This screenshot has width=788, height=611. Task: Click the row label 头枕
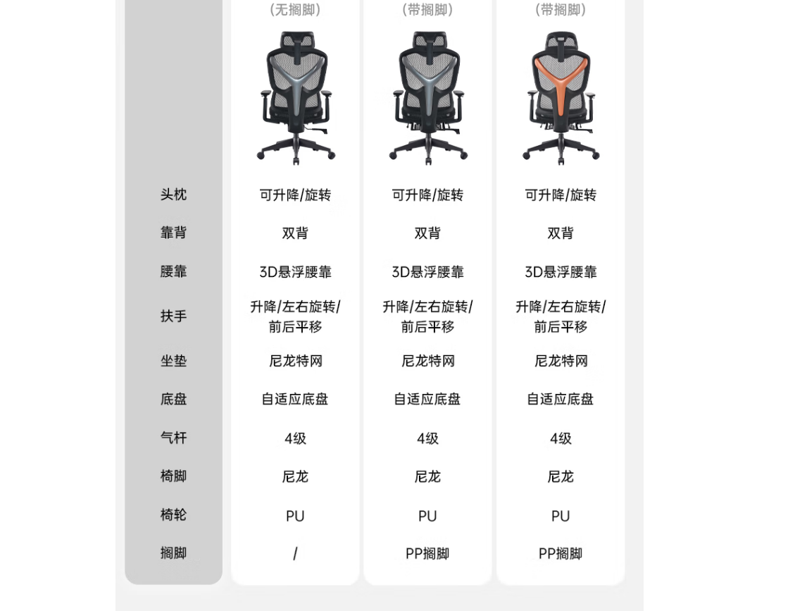click(173, 195)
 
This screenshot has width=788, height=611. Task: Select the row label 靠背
click(173, 233)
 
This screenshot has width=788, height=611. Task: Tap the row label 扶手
click(173, 316)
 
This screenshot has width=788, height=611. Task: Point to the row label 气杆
click(173, 438)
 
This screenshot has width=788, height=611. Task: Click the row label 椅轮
click(173, 514)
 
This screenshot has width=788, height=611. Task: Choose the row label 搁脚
click(173, 553)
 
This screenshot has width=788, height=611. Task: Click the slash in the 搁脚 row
click(295, 554)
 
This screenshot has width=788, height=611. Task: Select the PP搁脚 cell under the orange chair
click(561, 554)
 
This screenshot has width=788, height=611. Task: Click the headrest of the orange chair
click(561, 39)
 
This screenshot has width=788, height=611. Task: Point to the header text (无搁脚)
click(295, 10)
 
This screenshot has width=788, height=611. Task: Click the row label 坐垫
click(173, 361)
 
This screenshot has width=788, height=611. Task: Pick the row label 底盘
click(173, 400)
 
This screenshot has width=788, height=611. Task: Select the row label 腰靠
click(173, 271)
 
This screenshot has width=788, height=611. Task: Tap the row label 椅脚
click(173, 476)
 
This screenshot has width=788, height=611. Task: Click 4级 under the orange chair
click(561, 438)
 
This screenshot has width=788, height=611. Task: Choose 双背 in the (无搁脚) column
click(295, 233)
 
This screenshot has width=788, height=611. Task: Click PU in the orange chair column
click(561, 516)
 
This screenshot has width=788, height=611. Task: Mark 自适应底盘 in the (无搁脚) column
click(295, 400)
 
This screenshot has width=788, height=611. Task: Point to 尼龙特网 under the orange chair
click(561, 361)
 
